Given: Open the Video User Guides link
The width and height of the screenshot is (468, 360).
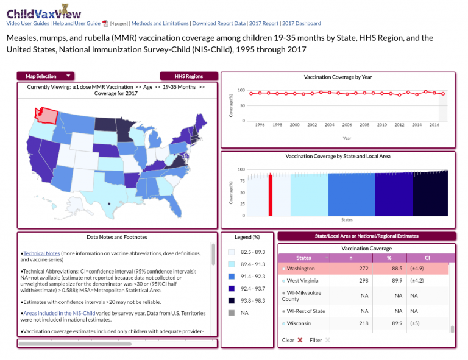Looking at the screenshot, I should click(27, 23).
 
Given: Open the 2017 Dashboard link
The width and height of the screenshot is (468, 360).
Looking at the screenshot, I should click(301, 23).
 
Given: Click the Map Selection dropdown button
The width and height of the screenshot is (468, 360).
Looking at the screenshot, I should click(48, 76).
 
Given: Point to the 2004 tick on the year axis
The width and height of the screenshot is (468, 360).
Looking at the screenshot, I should click(329, 125).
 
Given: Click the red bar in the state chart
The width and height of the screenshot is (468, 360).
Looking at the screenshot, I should click(270, 194).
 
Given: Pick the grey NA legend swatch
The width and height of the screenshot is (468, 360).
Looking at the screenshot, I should click(231, 312).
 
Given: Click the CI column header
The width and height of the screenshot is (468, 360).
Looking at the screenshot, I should click(427, 258).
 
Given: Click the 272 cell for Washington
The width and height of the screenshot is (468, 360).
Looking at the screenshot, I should click(363, 268).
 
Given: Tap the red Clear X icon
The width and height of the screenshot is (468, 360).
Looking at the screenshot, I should click(300, 341).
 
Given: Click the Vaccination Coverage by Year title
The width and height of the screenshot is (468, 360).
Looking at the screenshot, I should click(338, 77).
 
